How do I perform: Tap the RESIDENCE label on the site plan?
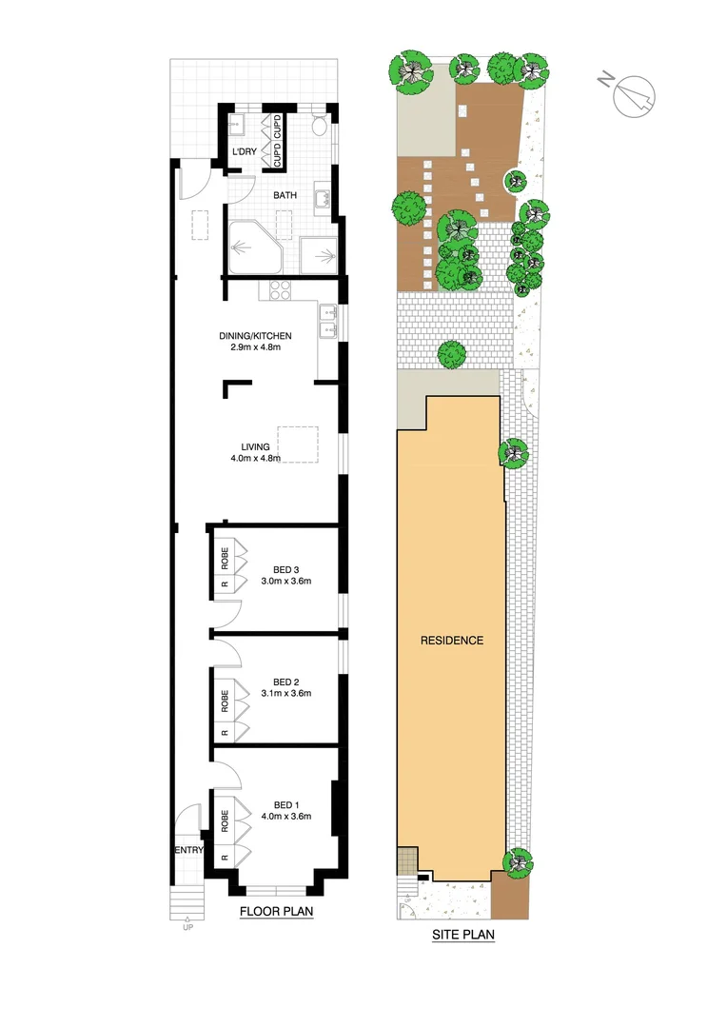452,641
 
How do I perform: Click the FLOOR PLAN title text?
277,912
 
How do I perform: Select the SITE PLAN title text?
463,935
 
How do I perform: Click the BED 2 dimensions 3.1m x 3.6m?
286,693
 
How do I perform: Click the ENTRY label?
187,850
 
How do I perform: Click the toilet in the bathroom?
321,125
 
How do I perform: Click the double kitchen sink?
328,320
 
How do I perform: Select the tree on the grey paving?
451,354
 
